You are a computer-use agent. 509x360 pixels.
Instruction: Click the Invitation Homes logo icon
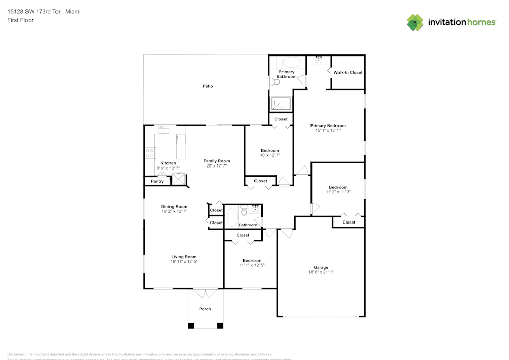click(415, 22)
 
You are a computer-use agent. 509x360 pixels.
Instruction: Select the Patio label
click(208, 86)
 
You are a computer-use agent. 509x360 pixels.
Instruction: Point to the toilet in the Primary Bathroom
click(276, 81)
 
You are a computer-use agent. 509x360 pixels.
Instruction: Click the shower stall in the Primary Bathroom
click(280, 103)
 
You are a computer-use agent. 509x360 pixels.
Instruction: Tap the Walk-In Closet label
click(348, 72)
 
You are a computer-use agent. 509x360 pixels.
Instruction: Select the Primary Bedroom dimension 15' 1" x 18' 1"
click(328, 130)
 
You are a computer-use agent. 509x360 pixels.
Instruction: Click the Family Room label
click(217, 161)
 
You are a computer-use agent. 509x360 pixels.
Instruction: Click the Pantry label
click(157, 181)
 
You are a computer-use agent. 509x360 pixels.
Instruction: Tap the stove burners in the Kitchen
click(150, 153)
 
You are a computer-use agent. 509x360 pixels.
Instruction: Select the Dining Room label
click(174, 207)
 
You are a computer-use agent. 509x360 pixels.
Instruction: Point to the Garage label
click(321, 267)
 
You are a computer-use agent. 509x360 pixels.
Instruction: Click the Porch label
click(205, 309)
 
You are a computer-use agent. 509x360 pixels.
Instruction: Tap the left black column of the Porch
click(191, 325)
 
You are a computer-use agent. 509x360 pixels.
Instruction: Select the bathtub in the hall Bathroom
click(232, 216)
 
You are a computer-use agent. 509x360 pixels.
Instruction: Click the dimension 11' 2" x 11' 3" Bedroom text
click(338, 192)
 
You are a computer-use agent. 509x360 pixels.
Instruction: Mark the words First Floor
click(20, 20)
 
